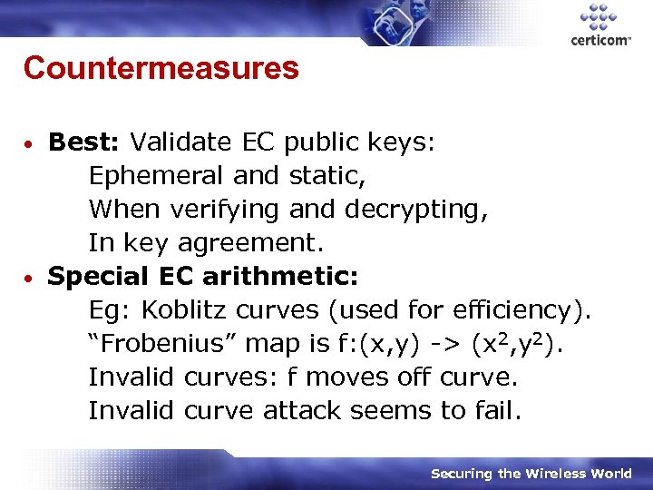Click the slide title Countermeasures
[161, 68]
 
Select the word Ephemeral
[156, 175]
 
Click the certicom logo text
[600, 40]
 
